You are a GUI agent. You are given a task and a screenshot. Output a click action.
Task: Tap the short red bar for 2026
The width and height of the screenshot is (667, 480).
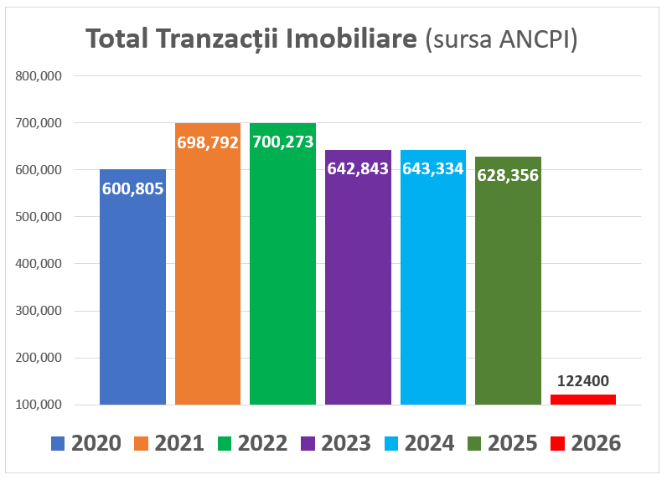tap(582, 400)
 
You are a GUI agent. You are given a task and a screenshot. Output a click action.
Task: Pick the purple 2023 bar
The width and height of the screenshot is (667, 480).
tap(358, 293)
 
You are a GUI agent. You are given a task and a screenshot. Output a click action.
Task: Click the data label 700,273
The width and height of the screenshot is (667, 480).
tap(282, 142)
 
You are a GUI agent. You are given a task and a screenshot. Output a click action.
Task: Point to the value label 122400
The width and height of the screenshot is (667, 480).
tap(582, 381)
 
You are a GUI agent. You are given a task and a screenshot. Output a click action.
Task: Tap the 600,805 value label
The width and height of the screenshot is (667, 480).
tap(132, 188)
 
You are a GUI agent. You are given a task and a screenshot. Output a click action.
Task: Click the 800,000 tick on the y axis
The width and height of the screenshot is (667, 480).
tap(39, 76)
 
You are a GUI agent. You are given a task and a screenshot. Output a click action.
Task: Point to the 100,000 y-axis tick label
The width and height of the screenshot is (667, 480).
tap(39, 405)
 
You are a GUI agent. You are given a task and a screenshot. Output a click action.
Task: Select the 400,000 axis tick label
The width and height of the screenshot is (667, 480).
tap(39, 264)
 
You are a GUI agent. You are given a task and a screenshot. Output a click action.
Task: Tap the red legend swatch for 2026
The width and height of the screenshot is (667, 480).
tap(559, 442)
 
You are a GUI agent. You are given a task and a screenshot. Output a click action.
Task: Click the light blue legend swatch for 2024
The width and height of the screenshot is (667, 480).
tap(392, 442)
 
